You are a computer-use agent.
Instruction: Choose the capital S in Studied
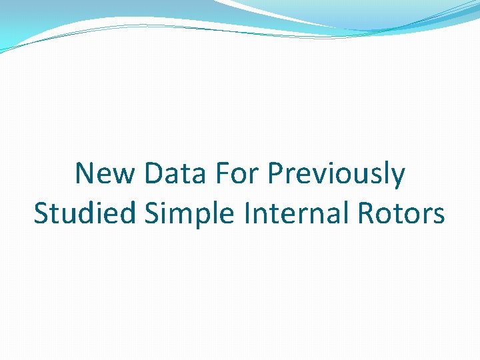coord(41,214)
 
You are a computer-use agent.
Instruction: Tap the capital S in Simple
coord(151,214)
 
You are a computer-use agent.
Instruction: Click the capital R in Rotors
coord(366,214)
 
